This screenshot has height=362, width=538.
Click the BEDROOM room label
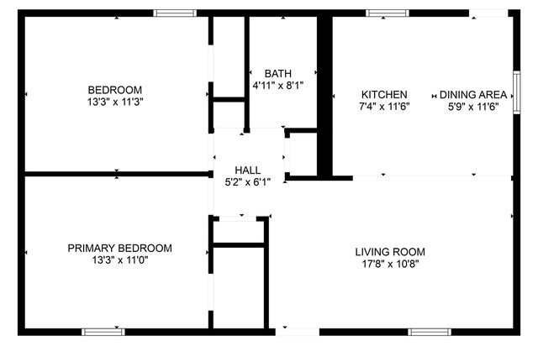point(115,90)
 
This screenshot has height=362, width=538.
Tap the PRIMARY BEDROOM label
point(120,248)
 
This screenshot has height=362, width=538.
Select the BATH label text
point(277,73)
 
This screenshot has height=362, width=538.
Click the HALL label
point(247,168)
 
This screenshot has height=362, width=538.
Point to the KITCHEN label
point(384,94)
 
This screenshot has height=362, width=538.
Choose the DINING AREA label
point(478,94)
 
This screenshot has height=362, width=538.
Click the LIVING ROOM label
point(389,251)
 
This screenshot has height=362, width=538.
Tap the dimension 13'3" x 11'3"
point(115,102)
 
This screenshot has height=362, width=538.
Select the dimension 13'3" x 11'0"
point(120,260)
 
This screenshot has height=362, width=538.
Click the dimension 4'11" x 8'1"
point(277,86)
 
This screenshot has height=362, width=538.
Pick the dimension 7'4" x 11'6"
point(384,107)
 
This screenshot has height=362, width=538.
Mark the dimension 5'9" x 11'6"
point(478,107)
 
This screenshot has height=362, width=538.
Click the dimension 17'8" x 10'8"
point(389,264)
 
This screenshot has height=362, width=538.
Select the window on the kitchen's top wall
point(387,13)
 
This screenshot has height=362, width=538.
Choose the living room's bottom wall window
point(430,332)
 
